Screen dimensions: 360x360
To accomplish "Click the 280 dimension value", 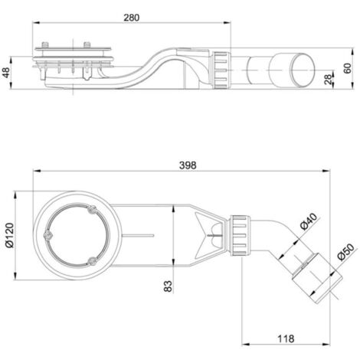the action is coord(132,18).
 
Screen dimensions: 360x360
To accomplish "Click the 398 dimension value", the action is coord(188,165).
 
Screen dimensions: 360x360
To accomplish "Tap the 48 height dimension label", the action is coord(6,73).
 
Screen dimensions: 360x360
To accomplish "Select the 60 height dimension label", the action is coord(347,68).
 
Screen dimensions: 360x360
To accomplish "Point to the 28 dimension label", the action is coord(329,79).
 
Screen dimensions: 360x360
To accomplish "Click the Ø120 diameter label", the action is coord(9,235).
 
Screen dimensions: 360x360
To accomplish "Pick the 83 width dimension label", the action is coord(168,286).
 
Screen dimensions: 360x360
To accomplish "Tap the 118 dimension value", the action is coord(286,339).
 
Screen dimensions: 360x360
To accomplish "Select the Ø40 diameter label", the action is coord(309,221).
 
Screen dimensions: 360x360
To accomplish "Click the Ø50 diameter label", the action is coord(345,252).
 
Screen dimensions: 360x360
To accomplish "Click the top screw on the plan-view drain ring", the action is coord(91,211).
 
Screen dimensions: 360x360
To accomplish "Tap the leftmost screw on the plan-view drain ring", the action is coord(47,235).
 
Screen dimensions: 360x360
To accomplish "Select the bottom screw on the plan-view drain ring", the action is coord(92,260).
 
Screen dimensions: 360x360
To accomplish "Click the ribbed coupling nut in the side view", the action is coord(220,70).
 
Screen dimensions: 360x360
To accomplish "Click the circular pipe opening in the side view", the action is coord(303,70).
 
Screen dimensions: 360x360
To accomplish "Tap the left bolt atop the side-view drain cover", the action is coord(45,44).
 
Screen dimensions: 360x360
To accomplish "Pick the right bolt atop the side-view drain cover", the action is coord(87,44).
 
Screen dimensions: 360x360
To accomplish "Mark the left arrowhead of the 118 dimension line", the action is coord(246,344).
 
